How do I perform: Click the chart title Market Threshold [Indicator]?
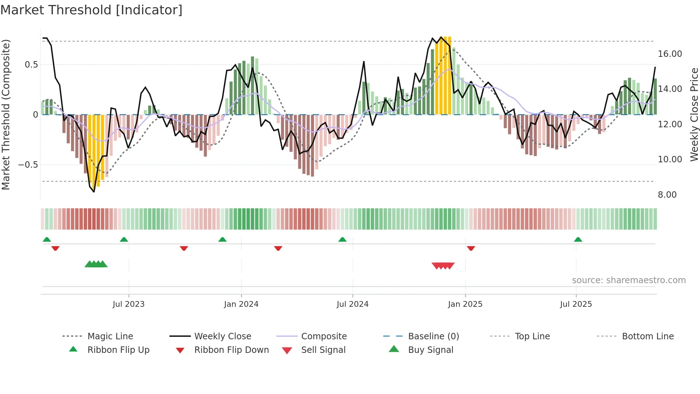click(91, 10)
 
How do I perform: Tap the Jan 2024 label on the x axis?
click(241, 304)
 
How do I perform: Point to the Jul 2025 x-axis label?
click(576, 304)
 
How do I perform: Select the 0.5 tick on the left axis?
click(31, 65)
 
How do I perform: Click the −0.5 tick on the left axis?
click(28, 165)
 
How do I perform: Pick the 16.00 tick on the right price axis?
click(670, 54)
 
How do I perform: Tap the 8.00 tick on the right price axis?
click(667, 195)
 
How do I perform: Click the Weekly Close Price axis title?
click(694, 114)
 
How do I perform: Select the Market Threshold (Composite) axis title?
click(6, 114)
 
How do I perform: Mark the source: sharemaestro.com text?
click(629, 280)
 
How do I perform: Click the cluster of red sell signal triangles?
click(443, 266)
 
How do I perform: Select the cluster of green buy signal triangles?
click(96, 264)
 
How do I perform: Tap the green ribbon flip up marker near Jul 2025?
click(578, 240)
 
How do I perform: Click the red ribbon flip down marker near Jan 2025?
click(471, 248)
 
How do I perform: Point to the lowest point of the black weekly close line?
click(94, 192)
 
